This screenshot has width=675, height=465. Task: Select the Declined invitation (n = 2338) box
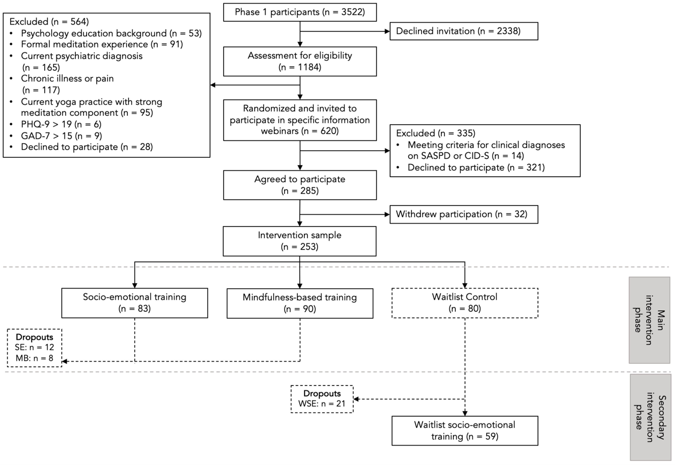click(x=464, y=31)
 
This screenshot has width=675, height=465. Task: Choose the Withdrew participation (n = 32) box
click(x=464, y=214)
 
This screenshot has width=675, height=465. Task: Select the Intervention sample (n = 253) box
click(x=299, y=241)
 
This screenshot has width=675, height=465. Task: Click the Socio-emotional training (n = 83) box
click(x=135, y=303)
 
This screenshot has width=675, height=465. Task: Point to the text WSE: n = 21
click(x=322, y=404)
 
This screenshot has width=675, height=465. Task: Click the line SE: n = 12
click(x=34, y=347)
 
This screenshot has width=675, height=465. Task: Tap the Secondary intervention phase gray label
click(x=650, y=417)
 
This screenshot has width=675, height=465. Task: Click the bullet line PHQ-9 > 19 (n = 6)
click(x=61, y=124)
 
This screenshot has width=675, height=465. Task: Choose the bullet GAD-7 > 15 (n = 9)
click(x=61, y=136)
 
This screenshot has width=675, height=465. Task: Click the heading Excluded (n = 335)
click(x=435, y=133)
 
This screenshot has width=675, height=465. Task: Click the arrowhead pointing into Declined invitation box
click(x=387, y=31)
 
